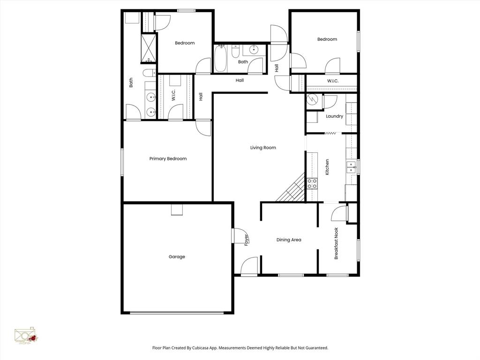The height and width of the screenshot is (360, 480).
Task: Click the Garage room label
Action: point(177,257)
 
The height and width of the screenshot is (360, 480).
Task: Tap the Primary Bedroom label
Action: point(168,159)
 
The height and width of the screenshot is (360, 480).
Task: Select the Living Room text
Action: point(263,148)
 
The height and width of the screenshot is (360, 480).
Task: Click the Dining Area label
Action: point(289,240)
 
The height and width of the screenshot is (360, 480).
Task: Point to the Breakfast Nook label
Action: point(336,243)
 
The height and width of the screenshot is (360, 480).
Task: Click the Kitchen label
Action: point(327,167)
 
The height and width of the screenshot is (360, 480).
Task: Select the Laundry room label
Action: point(335,116)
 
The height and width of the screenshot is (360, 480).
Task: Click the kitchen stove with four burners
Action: point(312,183)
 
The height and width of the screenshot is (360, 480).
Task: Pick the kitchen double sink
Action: point(351,167)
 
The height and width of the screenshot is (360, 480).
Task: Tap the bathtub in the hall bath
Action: point(221,58)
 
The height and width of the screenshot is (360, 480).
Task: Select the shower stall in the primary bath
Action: point(149,48)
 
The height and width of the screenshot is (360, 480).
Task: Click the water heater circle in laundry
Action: point(312,100)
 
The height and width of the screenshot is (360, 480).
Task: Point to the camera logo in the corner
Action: point(26,336)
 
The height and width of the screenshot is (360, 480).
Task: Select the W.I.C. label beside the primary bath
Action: point(173,96)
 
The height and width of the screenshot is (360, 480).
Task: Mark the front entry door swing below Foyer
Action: point(249,266)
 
